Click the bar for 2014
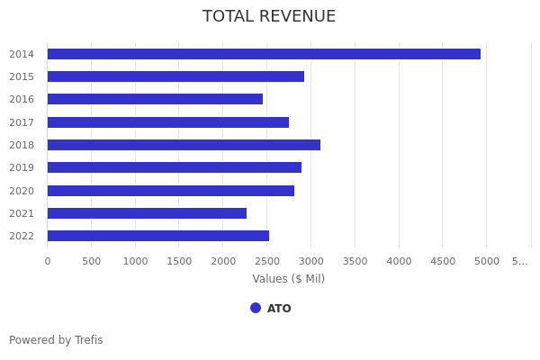click(x=264, y=54)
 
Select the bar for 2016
click(x=155, y=99)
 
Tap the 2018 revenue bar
click(x=184, y=145)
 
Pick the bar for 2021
click(x=147, y=213)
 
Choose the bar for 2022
click(x=158, y=236)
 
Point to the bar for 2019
click(x=175, y=167)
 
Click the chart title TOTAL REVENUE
click(x=269, y=17)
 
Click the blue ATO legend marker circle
click(x=256, y=308)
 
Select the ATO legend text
click(x=279, y=309)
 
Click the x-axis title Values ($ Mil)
click(x=289, y=279)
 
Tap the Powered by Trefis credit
click(x=56, y=340)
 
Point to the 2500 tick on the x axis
click(x=267, y=261)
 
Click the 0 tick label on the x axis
click(x=48, y=261)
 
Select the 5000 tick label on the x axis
click(x=487, y=261)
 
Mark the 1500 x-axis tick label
click(x=179, y=261)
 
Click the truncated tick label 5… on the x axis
click(x=520, y=261)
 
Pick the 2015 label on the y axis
click(x=22, y=76)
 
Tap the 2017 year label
click(x=22, y=122)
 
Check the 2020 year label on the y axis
click(x=22, y=191)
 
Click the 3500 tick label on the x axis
click(x=355, y=261)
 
